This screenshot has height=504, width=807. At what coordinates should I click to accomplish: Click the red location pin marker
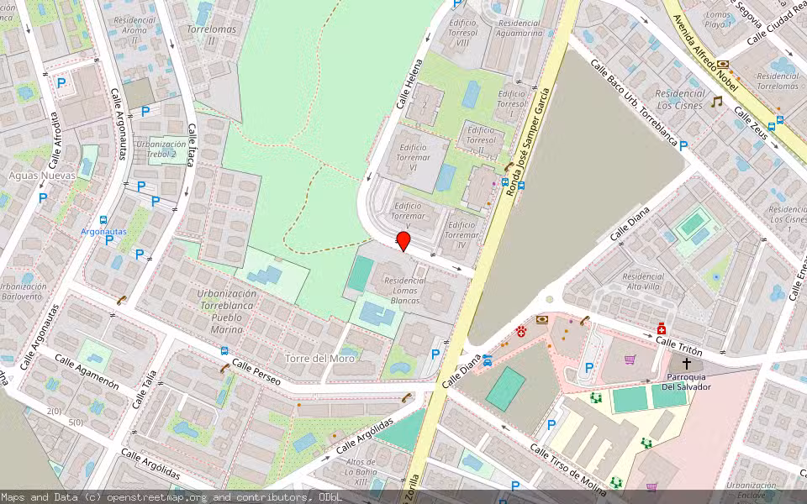pos(403,242)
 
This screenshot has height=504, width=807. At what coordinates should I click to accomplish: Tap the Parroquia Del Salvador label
pos(686,381)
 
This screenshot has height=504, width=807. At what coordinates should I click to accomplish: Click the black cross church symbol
pos(687,364)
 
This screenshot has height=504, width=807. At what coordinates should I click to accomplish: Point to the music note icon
pos(716,102)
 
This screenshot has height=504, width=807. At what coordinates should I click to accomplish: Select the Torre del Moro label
pos(319,358)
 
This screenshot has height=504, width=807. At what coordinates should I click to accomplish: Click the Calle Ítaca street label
pos(191,144)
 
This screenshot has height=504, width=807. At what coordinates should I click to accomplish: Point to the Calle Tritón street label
pos(678,343)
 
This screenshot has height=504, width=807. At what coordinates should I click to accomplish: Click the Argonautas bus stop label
pos(103,231)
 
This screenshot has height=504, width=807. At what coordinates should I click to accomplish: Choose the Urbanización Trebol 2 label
pos(161,149)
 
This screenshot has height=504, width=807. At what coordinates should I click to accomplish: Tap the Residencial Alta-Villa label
pos(643,281)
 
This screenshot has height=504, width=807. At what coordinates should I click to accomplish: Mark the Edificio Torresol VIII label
pos(463,33)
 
